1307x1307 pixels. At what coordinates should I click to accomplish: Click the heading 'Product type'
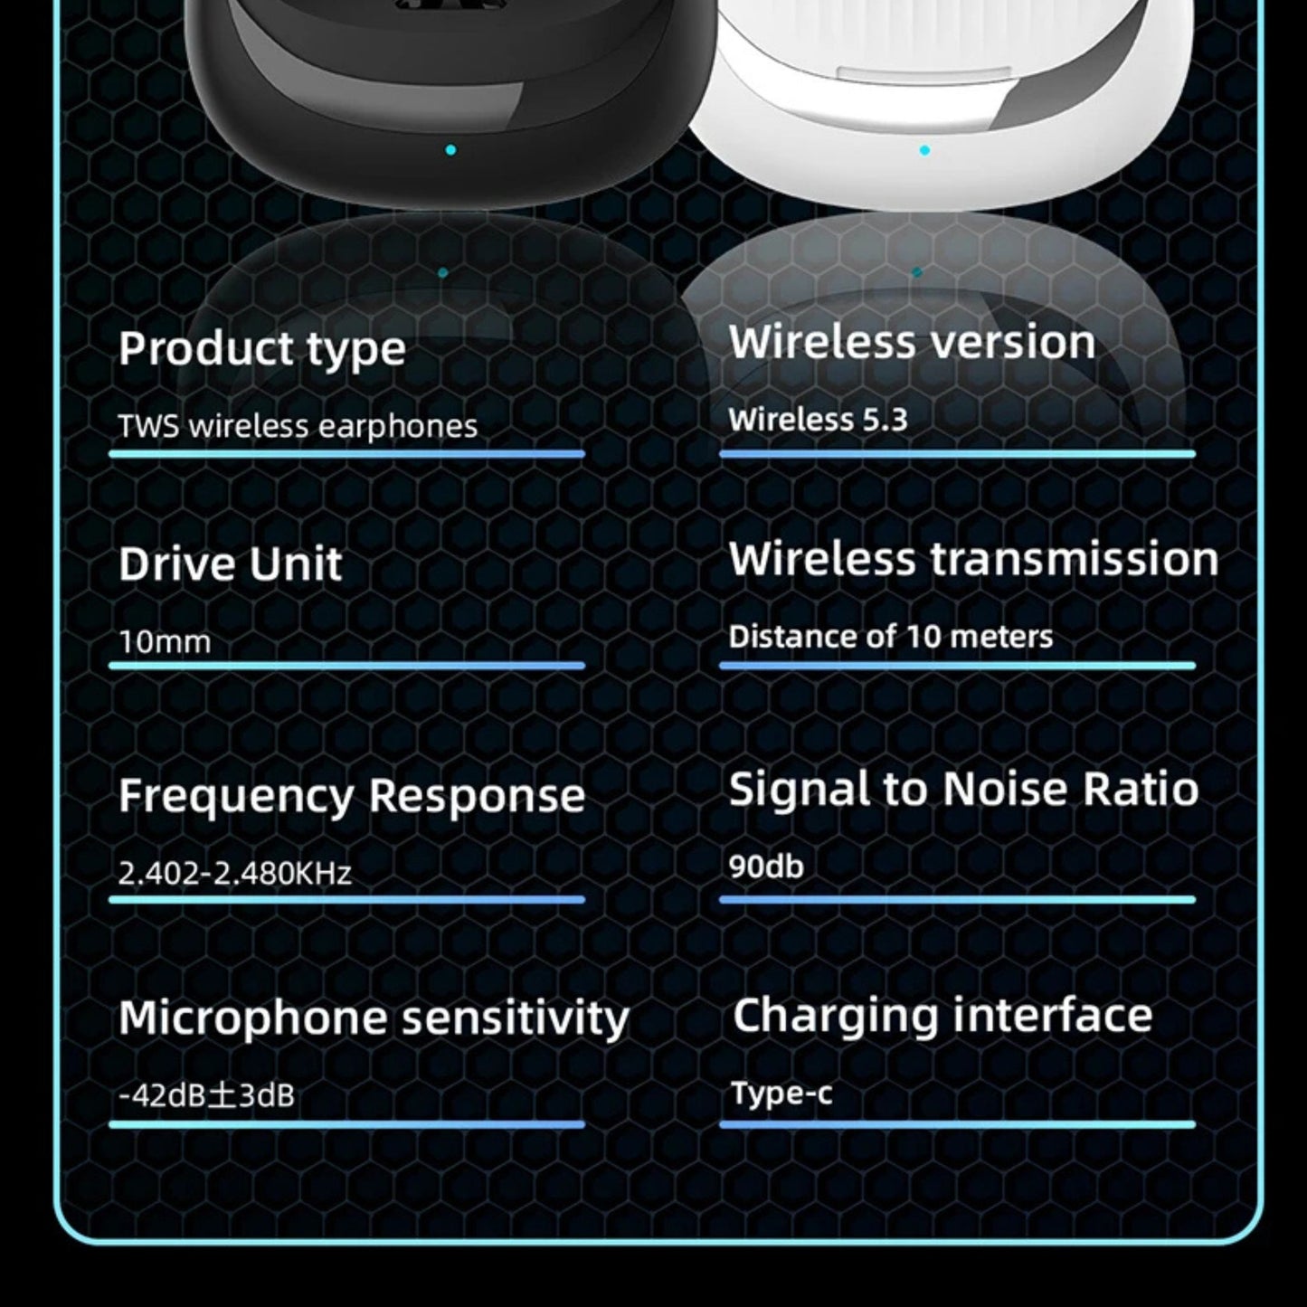[x=262, y=349]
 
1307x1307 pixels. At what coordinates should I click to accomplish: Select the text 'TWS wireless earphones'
[x=298, y=426]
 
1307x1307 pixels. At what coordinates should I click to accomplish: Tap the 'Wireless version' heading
[x=912, y=343]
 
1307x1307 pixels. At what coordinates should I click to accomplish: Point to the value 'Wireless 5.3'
[x=818, y=420]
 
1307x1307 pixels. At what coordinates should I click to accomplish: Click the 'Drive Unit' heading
[x=230, y=564]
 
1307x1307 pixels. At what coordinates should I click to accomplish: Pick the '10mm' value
[x=165, y=642]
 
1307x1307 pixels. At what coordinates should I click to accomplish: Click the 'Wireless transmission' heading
[x=973, y=559]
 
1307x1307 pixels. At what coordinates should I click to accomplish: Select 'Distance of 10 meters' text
[x=891, y=637]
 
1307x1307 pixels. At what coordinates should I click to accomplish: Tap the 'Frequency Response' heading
[x=352, y=796]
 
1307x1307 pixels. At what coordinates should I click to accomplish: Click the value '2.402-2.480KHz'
[x=235, y=874]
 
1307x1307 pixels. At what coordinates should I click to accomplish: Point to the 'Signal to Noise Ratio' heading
[x=963, y=789]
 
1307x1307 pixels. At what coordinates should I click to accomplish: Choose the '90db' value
[x=766, y=867]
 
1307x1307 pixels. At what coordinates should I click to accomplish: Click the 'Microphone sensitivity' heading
[x=374, y=1018]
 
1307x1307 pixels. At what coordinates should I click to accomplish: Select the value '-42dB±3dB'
[x=206, y=1096]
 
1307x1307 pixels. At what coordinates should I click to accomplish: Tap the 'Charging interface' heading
[x=942, y=1015]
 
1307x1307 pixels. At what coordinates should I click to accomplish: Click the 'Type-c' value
[x=781, y=1094]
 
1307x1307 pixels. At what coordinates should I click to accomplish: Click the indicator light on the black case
[x=450, y=150]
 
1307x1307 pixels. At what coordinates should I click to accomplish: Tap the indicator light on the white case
[x=924, y=150]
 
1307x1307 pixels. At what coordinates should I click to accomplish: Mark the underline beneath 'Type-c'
[x=957, y=1125]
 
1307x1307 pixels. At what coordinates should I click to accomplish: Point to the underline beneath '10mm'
[x=346, y=666]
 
